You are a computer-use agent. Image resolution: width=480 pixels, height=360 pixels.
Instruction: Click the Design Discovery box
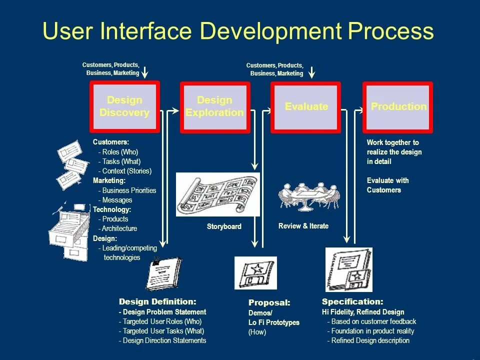coord(124,106)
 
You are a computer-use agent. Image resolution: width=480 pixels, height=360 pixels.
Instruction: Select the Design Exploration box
coord(214,106)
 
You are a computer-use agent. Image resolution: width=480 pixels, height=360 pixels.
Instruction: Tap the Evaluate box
coord(306,106)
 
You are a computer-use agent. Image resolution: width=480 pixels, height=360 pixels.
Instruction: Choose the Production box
coord(398,106)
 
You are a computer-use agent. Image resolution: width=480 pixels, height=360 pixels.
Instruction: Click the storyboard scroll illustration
coord(217,194)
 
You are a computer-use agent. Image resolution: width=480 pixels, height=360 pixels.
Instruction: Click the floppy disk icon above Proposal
coord(255,273)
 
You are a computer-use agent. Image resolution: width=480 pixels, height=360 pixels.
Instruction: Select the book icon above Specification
coord(348,270)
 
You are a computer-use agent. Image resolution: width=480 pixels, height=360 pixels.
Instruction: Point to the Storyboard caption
coord(224,226)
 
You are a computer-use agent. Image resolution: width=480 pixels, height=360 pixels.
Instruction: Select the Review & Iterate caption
coord(303,226)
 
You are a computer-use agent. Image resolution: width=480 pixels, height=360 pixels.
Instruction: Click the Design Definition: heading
coord(157,301)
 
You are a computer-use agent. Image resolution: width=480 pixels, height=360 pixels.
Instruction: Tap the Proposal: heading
coord(269,302)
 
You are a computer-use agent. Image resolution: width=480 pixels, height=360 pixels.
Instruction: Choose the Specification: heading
coord(352,301)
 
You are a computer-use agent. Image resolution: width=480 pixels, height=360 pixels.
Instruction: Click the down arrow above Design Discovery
coord(145,72)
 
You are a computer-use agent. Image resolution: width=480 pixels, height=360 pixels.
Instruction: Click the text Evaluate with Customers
coord(387,185)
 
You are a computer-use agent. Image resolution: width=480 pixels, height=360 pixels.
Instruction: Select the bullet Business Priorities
coord(129,190)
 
